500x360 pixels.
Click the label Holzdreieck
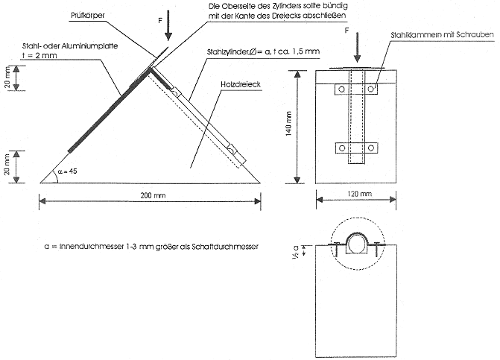[238, 86]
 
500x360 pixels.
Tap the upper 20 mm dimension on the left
[10, 77]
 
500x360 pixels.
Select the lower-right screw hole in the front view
[370, 147]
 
